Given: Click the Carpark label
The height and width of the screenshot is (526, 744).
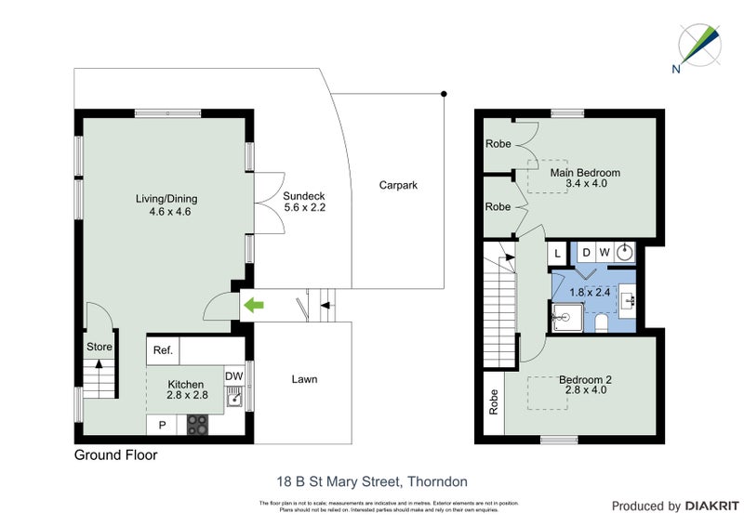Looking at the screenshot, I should (x=398, y=185).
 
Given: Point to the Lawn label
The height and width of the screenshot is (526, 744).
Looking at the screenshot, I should (x=304, y=379).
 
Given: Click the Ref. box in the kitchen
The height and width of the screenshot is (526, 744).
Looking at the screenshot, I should (x=164, y=351).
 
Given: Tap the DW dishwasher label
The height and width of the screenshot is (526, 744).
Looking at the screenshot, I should (x=234, y=375).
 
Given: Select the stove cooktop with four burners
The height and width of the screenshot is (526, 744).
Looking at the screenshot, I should (x=197, y=425).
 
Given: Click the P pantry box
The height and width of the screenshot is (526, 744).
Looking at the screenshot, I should (x=163, y=425).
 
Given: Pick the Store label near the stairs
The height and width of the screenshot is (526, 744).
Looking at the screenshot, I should (x=99, y=347).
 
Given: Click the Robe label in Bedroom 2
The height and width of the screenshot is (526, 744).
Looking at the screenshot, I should (x=493, y=401).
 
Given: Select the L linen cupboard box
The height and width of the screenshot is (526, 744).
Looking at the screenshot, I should (x=558, y=253).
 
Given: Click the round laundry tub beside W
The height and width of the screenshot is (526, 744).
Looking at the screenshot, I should (x=625, y=252).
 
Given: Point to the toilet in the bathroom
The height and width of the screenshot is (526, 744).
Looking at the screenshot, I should (x=601, y=322).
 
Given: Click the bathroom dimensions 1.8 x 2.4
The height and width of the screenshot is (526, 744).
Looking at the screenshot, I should (x=591, y=291).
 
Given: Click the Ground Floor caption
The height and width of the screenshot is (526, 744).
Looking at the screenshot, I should (x=115, y=455).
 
